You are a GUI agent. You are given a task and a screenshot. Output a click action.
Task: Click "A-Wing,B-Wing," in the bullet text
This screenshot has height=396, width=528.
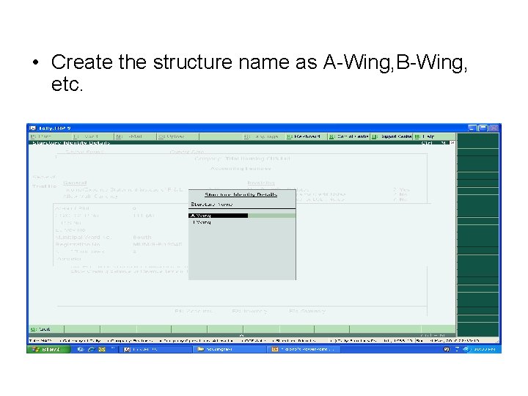(396, 62)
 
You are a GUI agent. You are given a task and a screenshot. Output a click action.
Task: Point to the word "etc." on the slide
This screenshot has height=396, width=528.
(68, 86)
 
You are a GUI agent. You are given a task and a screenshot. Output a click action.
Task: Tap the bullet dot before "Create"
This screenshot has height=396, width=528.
(35, 63)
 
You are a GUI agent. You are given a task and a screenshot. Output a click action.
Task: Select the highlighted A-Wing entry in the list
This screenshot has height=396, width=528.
(218, 216)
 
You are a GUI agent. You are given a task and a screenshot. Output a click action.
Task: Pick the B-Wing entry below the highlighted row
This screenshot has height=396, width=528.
(202, 222)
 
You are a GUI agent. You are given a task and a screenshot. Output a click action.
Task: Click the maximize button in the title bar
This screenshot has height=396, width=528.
(484, 128)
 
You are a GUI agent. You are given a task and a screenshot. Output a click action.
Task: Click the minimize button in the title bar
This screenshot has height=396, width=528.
(473, 128)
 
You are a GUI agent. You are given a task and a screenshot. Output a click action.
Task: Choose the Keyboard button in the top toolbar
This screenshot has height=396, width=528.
(304, 136)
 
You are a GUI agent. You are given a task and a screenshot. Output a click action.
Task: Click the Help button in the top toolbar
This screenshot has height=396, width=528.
(425, 136)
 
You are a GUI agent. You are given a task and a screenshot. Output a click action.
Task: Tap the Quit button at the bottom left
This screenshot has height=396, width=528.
(42, 329)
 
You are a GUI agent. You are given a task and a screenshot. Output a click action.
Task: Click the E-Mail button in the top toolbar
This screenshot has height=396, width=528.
(132, 136)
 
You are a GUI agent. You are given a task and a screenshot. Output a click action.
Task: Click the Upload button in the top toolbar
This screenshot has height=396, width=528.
(172, 136)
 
